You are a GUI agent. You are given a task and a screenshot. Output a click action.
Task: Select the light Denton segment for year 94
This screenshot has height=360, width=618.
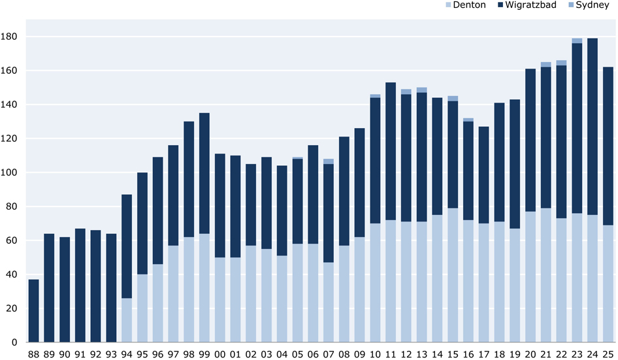point(127,320)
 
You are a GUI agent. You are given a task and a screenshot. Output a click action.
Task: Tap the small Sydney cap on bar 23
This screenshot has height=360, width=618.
point(577,41)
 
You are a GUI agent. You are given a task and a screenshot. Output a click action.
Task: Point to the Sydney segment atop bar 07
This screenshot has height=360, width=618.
point(329,161)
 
